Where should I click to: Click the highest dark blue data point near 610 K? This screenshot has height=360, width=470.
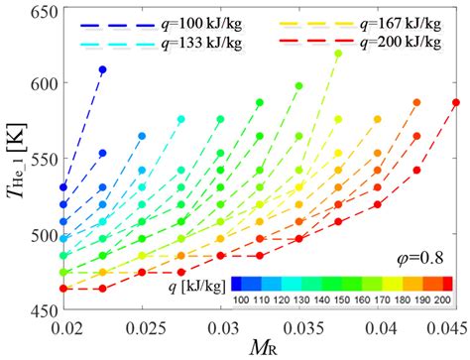pos(103,69)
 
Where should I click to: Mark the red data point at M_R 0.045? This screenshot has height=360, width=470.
pos(456,102)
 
